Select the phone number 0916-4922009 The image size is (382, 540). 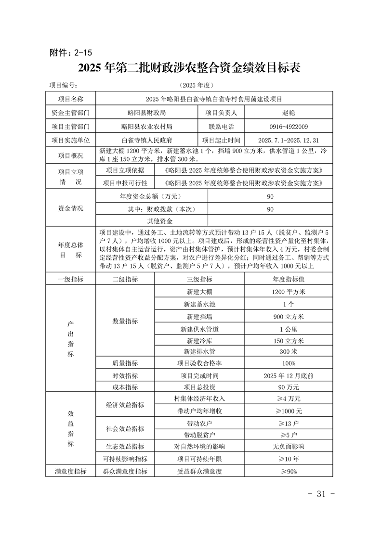[x=289, y=127]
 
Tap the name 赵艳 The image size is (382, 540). [x=289, y=113]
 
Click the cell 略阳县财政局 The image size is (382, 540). [x=147, y=113]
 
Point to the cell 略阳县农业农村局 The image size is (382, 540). [x=147, y=127]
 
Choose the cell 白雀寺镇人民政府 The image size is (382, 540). [x=147, y=141]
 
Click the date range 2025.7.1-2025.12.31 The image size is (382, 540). [x=289, y=141]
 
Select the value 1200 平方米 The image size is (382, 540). [x=289, y=292]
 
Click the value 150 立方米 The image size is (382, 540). [x=289, y=341]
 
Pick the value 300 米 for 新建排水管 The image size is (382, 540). [x=289, y=352]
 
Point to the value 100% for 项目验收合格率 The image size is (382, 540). [x=289, y=363]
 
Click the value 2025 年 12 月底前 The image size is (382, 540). [x=289, y=375]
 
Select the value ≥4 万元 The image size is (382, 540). [x=289, y=399]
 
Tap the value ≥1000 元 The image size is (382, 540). [x=289, y=411]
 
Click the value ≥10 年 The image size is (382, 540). [x=289, y=459]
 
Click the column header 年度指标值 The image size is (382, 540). [x=289, y=279]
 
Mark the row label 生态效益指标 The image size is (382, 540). [x=125, y=447]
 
